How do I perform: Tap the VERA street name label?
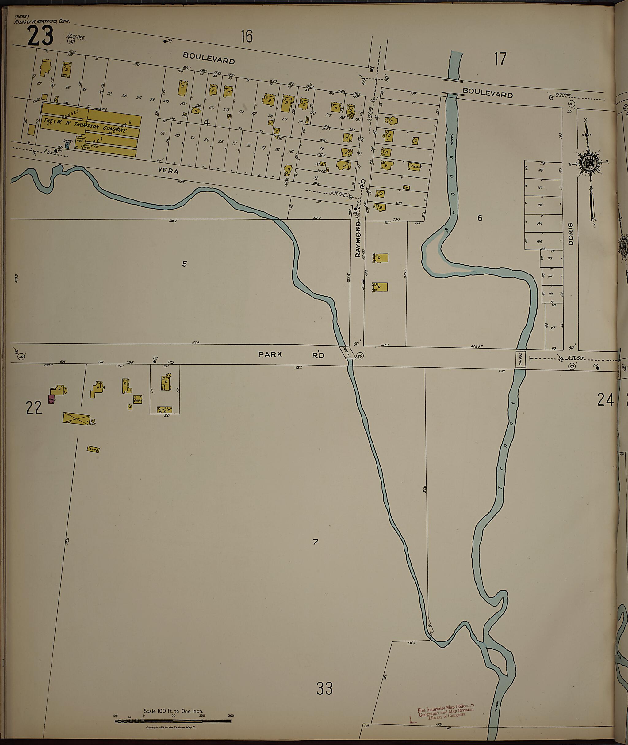[168, 171]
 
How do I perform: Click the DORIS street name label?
[571, 234]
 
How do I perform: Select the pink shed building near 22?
[52, 399]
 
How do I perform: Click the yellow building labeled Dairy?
[138, 400]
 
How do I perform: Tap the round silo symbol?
[92, 421]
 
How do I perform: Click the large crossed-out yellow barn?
[76, 418]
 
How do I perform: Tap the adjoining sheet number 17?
[500, 59]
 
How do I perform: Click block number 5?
[184, 264]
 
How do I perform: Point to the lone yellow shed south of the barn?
[93, 449]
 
